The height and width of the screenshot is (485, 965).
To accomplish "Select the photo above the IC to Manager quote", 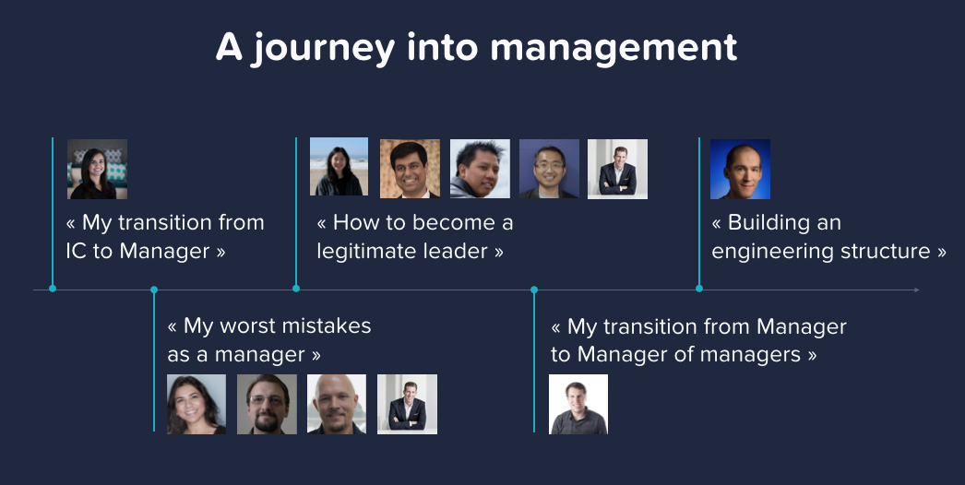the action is click(x=97, y=170).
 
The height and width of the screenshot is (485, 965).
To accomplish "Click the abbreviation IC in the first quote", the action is click(x=77, y=251).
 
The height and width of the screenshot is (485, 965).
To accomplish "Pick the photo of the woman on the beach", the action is click(x=340, y=167).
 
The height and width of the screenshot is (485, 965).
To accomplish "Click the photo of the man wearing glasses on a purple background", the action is click(x=549, y=169).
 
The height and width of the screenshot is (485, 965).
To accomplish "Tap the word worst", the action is click(x=244, y=325).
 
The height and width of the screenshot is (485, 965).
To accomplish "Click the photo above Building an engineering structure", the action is click(x=741, y=170).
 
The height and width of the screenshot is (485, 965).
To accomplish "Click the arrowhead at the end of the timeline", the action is click(x=916, y=290).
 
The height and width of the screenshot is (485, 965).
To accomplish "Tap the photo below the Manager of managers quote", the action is click(x=578, y=405).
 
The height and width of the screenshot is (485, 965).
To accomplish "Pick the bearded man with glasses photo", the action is click(x=268, y=405).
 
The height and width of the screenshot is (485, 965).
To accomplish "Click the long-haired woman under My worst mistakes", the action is click(x=197, y=405).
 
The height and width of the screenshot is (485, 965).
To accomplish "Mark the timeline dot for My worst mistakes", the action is click(x=154, y=290).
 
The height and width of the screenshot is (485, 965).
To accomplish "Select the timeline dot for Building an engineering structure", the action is click(x=699, y=288).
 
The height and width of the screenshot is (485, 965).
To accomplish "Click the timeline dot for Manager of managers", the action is click(x=534, y=290).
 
